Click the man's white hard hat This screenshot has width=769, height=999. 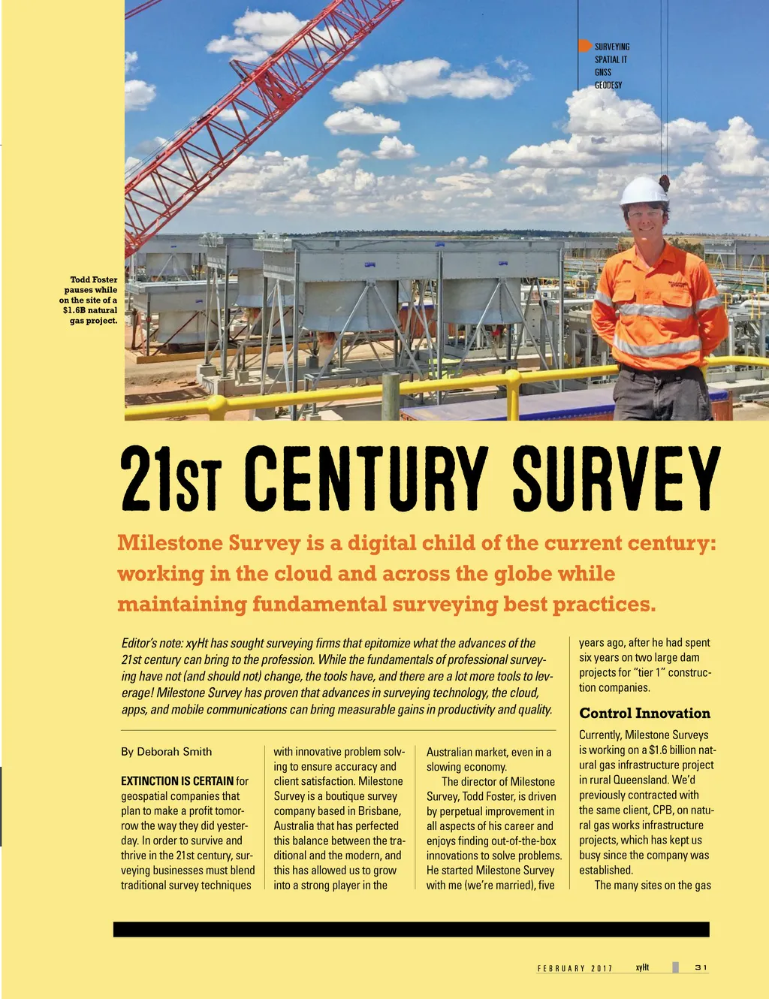click(644, 191)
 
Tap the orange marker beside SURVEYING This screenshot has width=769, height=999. click(584, 46)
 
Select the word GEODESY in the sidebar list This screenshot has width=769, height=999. click(608, 85)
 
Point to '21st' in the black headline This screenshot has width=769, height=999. click(171, 478)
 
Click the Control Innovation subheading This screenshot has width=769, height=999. click(644, 714)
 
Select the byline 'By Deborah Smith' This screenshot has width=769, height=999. click(166, 751)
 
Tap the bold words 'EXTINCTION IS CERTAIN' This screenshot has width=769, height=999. click(177, 781)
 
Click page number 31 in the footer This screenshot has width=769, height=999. click(701, 967)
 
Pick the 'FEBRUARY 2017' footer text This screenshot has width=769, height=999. click(574, 968)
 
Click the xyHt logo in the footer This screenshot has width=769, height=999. click(642, 967)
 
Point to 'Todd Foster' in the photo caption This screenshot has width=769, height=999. click(94, 279)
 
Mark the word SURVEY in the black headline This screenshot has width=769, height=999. click(616, 478)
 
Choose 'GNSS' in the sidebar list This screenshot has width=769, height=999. click(603, 72)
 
